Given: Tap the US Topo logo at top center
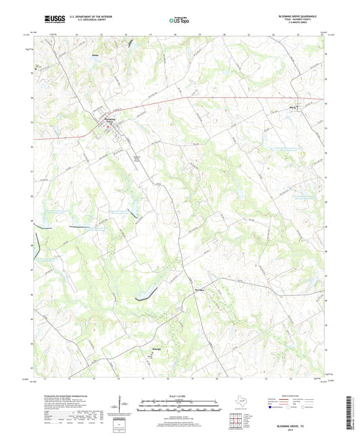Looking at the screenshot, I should click(x=180, y=20).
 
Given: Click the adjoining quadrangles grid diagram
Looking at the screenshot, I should click(x=240, y=419).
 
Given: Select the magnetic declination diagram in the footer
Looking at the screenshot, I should click(x=124, y=405).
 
